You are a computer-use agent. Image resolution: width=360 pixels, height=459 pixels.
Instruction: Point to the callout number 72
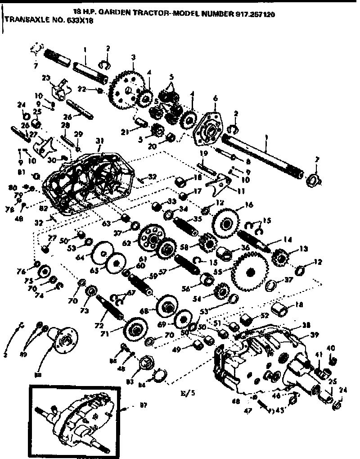[x=100, y=325]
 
